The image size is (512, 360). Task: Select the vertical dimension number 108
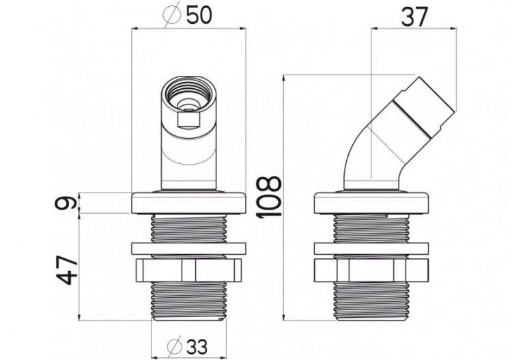(x=270, y=196)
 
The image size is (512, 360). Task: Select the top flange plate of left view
(x=188, y=204)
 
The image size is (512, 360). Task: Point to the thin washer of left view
(x=188, y=249)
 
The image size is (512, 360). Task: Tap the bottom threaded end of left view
(x=188, y=301)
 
